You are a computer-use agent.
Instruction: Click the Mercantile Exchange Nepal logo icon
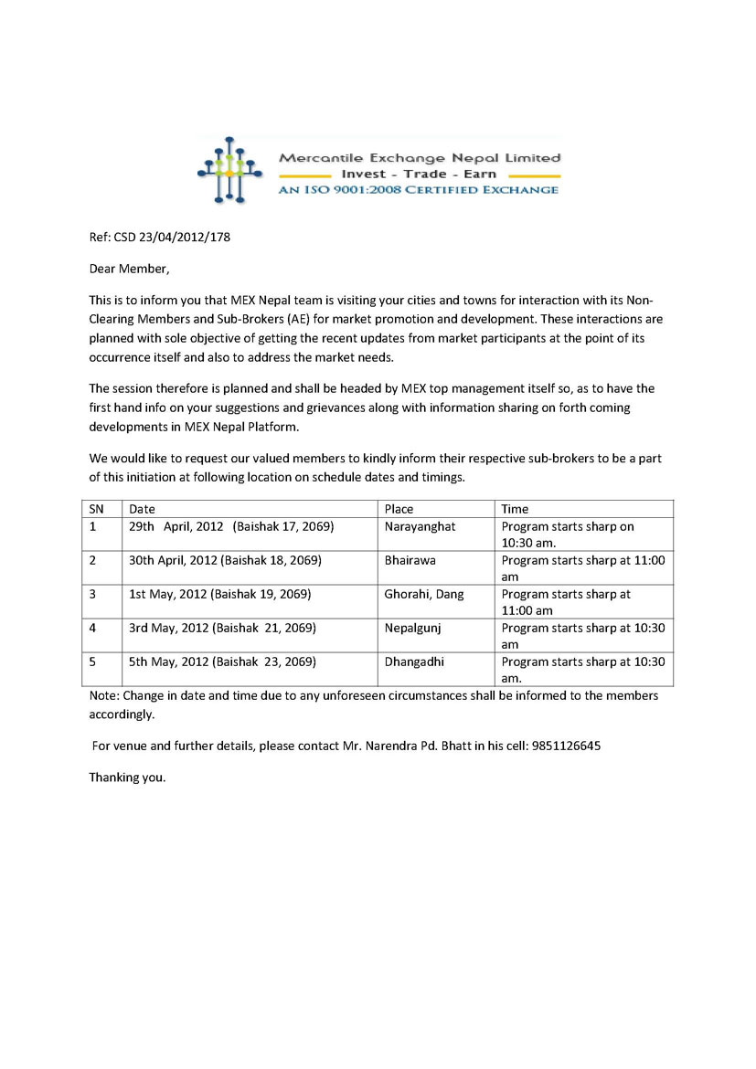225,170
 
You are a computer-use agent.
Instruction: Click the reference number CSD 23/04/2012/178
159,238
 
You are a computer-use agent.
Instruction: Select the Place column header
399,509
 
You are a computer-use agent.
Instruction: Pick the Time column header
515,509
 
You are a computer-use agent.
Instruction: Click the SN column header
96,509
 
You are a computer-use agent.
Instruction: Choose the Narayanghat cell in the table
420,526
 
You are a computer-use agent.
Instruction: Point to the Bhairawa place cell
409,560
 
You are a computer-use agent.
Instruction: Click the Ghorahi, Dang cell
423,594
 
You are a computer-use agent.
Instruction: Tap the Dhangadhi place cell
413,662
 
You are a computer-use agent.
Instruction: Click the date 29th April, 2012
176,526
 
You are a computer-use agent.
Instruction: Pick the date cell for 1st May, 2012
219,594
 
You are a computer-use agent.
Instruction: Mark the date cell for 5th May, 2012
222,662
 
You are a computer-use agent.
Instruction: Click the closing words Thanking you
127,778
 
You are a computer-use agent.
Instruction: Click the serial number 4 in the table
93,628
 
